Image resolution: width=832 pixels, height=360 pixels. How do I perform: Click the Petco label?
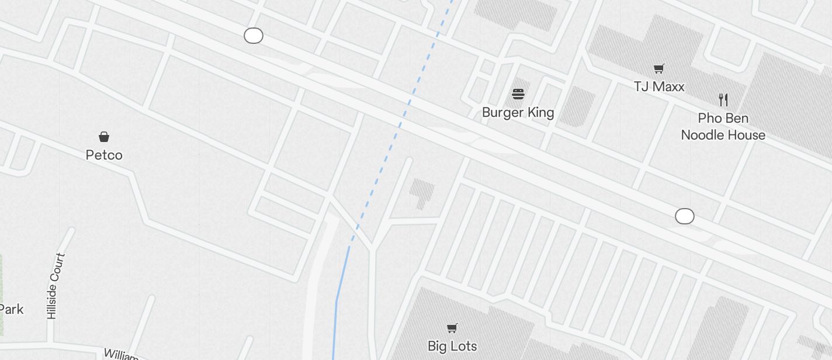pos(104,155)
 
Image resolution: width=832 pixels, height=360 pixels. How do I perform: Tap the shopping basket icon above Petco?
pos(104,137)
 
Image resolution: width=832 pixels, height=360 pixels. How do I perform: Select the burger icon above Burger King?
pos(518,94)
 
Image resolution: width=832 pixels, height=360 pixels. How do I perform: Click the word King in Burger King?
pos(540,112)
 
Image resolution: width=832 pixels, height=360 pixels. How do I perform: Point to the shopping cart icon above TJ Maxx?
pos(659,69)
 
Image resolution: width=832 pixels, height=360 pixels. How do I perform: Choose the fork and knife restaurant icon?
pos(723,100)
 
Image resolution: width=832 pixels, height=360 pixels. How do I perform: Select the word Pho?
pos(710,118)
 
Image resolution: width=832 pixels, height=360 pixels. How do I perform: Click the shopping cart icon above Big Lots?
pos(452,328)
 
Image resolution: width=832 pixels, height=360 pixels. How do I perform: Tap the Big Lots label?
pos(452,346)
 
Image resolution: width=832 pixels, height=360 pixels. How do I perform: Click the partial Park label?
pos(11,309)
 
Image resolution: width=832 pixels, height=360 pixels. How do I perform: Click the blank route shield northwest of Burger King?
pos(254,36)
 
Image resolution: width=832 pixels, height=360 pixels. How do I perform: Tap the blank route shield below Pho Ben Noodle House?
pos(685,216)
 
